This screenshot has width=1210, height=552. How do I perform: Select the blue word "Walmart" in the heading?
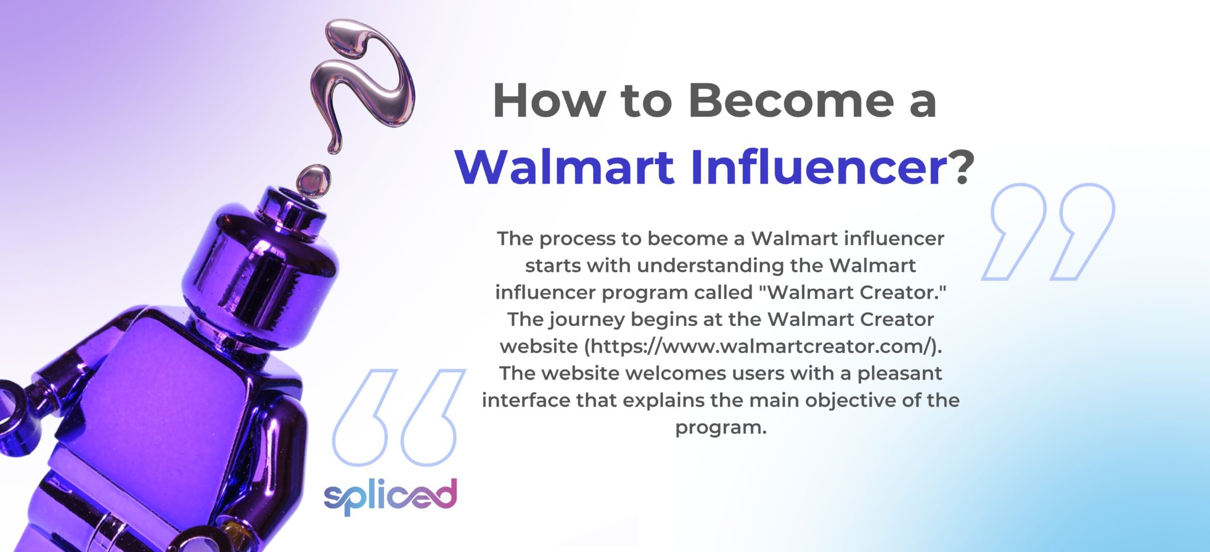[564, 167]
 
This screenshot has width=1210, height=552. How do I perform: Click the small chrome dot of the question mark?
[313, 179]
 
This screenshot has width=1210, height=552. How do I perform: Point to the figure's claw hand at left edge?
[15, 413]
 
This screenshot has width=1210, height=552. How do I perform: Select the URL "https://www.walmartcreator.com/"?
[762, 346]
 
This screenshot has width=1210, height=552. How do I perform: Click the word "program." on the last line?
[721, 427]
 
